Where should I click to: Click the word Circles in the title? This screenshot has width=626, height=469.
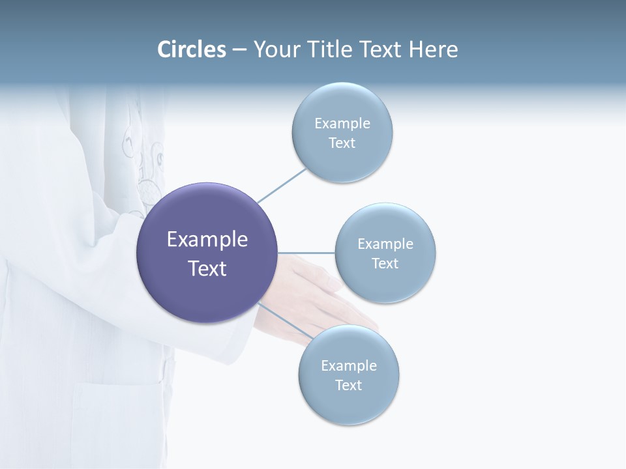point(192,50)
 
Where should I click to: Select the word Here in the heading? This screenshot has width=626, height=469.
point(434,50)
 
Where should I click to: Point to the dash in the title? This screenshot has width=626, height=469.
point(239,50)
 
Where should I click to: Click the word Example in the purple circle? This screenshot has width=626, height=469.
point(207,240)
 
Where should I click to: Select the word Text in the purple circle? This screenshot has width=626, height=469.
point(207,268)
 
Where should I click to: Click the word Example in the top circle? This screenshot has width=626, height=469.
point(342,124)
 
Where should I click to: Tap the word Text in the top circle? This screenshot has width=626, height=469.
point(342,143)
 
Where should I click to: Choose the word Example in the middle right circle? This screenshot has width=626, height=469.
point(385,244)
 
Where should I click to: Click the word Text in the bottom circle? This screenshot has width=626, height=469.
point(348,386)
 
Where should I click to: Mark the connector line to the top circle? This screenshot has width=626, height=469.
point(282,185)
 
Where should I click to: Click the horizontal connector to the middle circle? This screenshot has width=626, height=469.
point(306,253)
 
